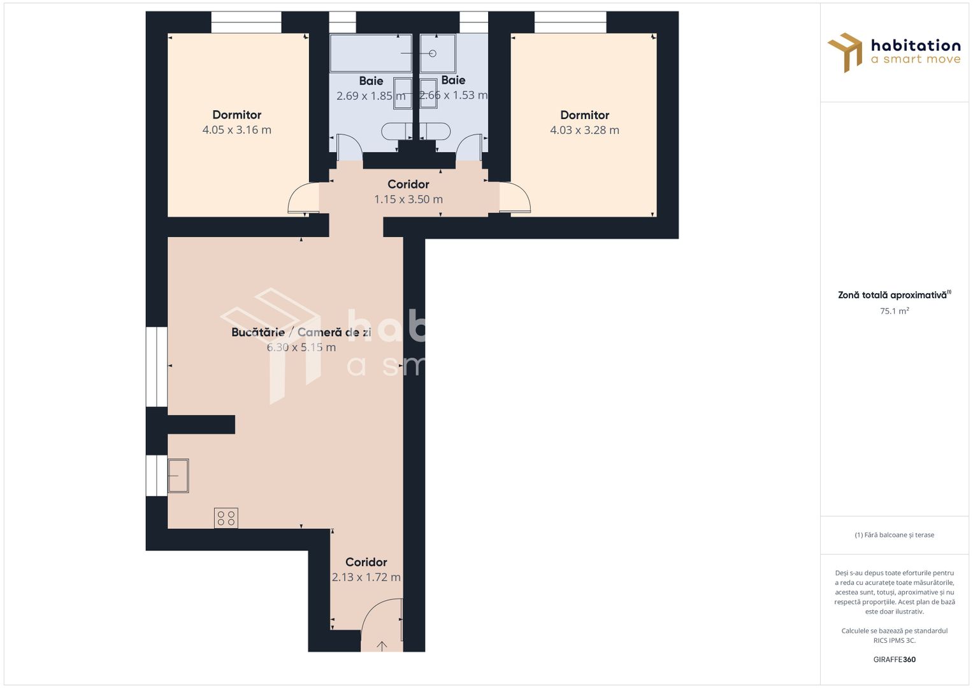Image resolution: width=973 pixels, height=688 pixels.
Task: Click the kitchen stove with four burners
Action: [x=226, y=517]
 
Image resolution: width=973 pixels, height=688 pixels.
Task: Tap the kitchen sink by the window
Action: [x=178, y=475]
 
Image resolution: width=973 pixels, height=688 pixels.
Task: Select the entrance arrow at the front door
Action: [x=382, y=646]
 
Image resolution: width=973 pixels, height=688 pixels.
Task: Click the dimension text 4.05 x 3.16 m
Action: [x=237, y=130]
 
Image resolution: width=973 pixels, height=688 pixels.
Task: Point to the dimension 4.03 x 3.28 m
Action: [x=584, y=130]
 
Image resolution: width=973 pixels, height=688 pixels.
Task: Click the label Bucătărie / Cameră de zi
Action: [x=301, y=333]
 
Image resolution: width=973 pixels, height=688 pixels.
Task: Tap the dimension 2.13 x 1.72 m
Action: [x=366, y=577]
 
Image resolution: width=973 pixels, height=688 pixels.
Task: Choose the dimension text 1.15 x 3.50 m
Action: [x=408, y=199]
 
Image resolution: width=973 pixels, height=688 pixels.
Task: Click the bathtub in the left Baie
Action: [x=371, y=53]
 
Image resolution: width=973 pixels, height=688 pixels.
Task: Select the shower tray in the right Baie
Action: [x=438, y=53]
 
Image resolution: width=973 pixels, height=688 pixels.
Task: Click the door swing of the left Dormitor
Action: [x=303, y=199]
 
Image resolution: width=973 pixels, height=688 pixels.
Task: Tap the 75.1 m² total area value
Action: [x=894, y=312]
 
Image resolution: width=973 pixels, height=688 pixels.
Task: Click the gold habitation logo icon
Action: [x=845, y=52]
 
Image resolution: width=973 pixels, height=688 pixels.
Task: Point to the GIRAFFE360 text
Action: [x=894, y=659]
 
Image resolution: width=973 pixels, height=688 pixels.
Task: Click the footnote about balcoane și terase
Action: [x=894, y=535]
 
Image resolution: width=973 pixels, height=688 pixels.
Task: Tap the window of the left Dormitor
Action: [x=246, y=23]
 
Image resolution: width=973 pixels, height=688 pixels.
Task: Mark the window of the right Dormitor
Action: [x=570, y=23]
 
